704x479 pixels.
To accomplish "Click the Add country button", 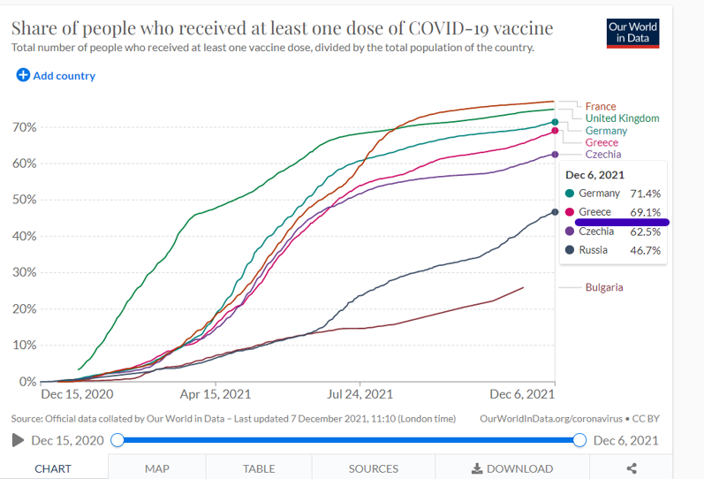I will click(x=56, y=75).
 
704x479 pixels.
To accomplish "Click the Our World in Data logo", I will click(x=633, y=33).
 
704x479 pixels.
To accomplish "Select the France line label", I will click(x=601, y=106).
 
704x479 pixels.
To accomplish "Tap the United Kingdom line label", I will click(x=622, y=118).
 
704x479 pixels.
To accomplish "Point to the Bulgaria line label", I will click(x=604, y=287).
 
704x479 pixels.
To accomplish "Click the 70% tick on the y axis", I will click(x=24, y=127).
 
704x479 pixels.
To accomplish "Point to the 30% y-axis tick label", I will click(x=24, y=272).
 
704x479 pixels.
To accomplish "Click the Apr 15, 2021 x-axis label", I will click(x=216, y=394).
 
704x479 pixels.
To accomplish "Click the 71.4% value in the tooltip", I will click(x=646, y=194).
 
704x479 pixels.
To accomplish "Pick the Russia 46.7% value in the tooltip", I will click(x=646, y=250).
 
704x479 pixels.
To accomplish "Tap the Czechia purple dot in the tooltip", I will click(x=570, y=231).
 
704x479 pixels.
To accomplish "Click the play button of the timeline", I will click(x=18, y=440).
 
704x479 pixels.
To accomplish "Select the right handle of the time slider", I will click(x=579, y=440).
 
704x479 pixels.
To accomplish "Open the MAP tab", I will click(x=157, y=468).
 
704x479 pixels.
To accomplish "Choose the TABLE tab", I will click(x=259, y=468).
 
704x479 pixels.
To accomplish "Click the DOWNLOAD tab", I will click(x=512, y=468).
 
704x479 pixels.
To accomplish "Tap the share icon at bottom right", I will click(x=632, y=468).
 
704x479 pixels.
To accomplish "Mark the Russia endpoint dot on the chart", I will click(x=555, y=212).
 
